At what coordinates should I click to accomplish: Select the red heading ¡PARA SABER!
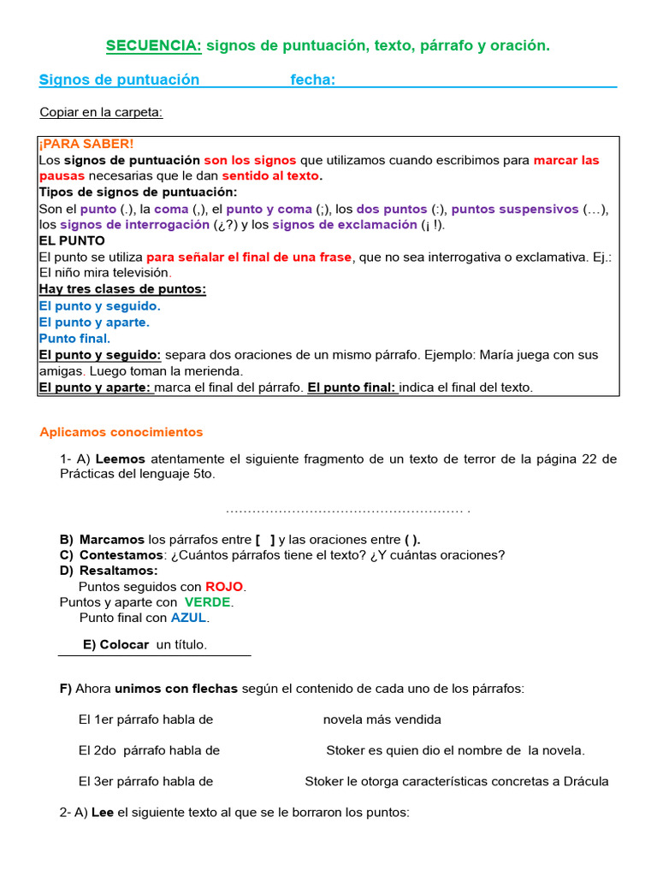point(86,144)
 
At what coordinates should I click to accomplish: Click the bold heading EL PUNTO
point(72,241)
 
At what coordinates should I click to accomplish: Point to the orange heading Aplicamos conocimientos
point(121,432)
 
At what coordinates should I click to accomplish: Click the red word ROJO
point(224,587)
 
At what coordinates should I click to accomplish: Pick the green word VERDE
point(208,602)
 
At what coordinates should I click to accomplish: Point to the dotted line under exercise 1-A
point(347,511)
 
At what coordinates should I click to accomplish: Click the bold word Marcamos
point(112,540)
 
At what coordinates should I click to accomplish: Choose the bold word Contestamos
point(121,555)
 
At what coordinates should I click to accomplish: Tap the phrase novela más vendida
point(382,719)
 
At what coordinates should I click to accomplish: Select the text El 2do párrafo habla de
point(149,750)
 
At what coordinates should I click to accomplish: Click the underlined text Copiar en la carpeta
point(101,112)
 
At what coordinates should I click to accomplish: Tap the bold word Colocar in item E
point(124,644)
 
